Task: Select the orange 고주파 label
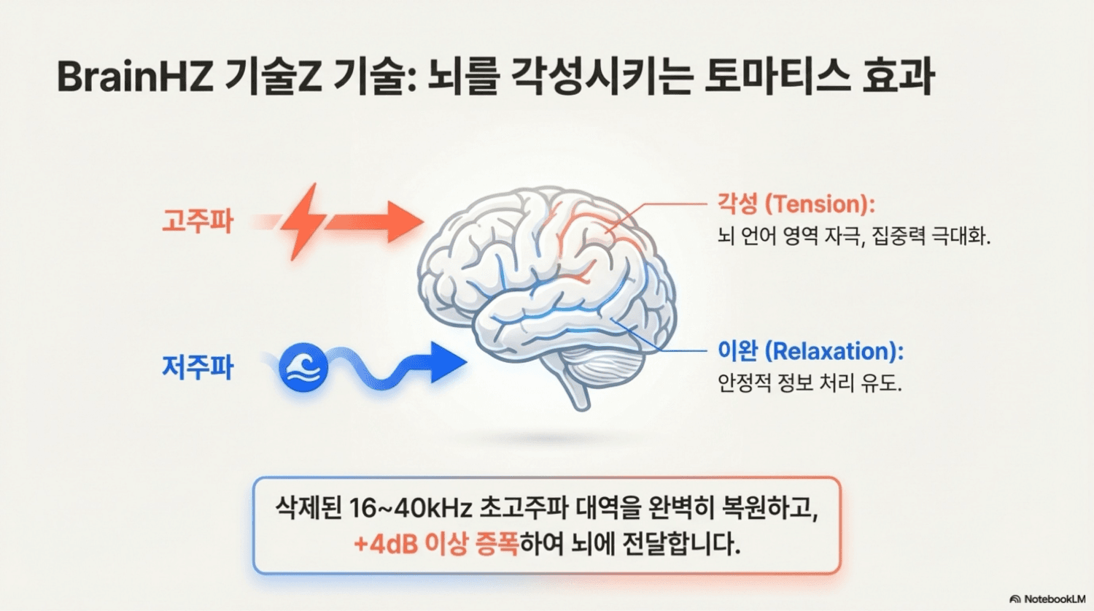pos(197,220)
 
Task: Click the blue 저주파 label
pos(197,366)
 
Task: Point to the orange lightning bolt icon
pos(303,220)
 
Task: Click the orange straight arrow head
pos(403,222)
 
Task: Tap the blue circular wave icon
pos(303,367)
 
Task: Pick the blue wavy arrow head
pos(446,362)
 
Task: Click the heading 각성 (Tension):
pos(796,204)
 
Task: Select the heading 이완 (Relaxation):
pos(810,351)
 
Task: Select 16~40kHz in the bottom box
pos(410,508)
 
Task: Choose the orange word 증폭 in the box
pos(496,544)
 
